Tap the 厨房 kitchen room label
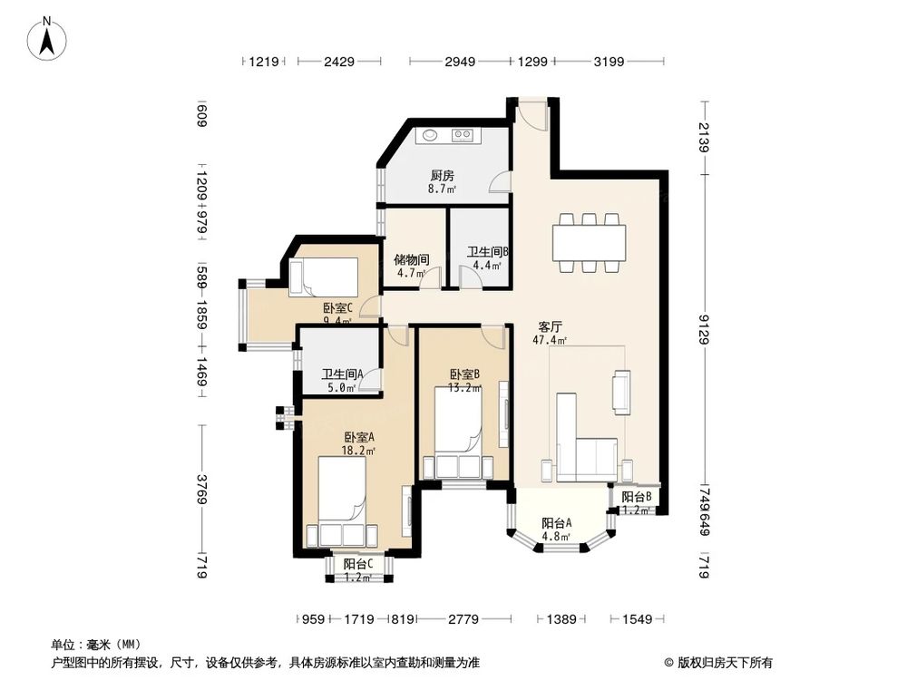click(442, 177)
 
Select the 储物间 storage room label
click(411, 258)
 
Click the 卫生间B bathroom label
click(488, 253)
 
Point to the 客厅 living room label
click(550, 326)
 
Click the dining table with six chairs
click(589, 242)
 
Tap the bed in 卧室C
click(324, 277)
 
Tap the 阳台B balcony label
click(636, 497)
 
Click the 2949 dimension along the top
click(461, 63)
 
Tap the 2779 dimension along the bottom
click(463, 620)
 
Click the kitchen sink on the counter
click(429, 136)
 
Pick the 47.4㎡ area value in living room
click(550, 341)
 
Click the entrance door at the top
click(532, 113)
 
